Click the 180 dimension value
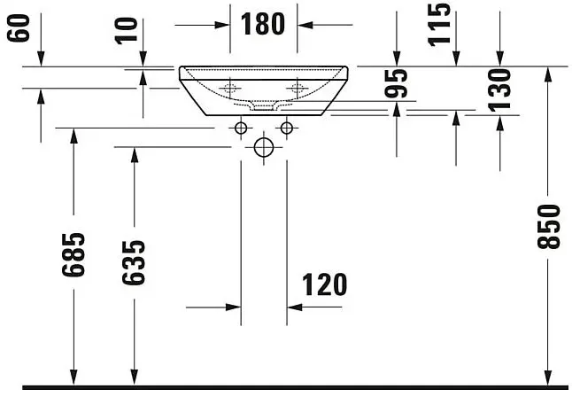click(263, 24)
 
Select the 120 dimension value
click(325, 284)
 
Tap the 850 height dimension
click(548, 227)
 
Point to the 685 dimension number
click(73, 254)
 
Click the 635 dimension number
click(134, 262)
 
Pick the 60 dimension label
click(19, 28)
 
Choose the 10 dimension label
click(127, 31)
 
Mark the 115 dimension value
click(439, 25)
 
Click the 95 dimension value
click(396, 83)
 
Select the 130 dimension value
click(499, 90)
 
